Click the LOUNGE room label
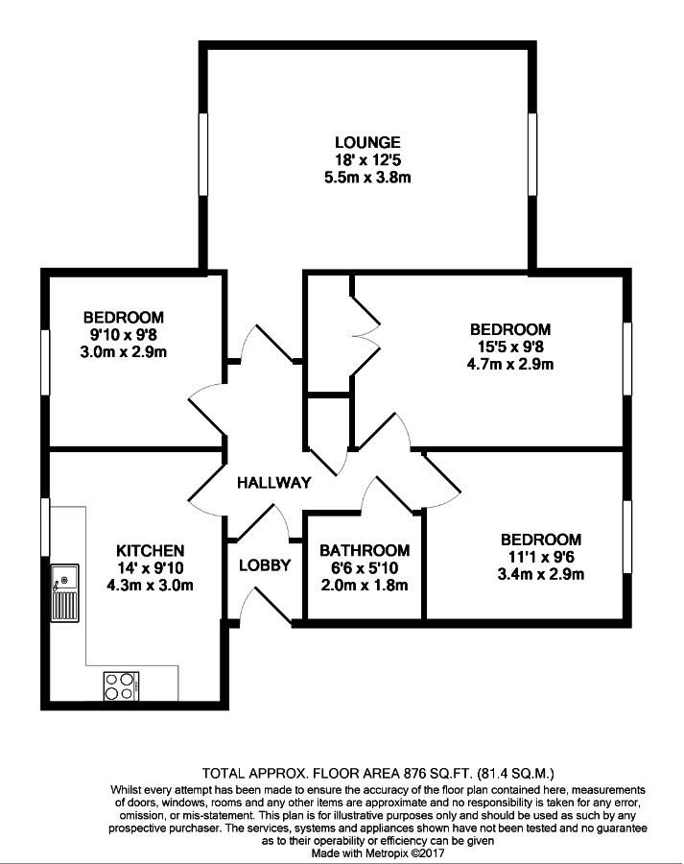(367, 143)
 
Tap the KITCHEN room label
(150, 550)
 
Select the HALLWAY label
(273, 483)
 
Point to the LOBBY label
(265, 565)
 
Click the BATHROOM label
(365, 550)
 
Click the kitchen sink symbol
(65, 593)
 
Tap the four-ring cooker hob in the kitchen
(121, 686)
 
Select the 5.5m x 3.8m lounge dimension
(367, 178)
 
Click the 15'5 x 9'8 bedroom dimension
(510, 347)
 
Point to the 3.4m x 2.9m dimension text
(541, 574)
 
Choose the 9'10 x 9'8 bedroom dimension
(124, 334)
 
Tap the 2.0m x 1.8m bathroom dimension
(365, 585)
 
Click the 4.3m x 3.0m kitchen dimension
(150, 585)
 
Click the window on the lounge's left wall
(203, 155)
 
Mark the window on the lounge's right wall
(532, 155)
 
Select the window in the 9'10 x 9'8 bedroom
(46, 362)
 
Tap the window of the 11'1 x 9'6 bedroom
(627, 538)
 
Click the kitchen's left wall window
(46, 527)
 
